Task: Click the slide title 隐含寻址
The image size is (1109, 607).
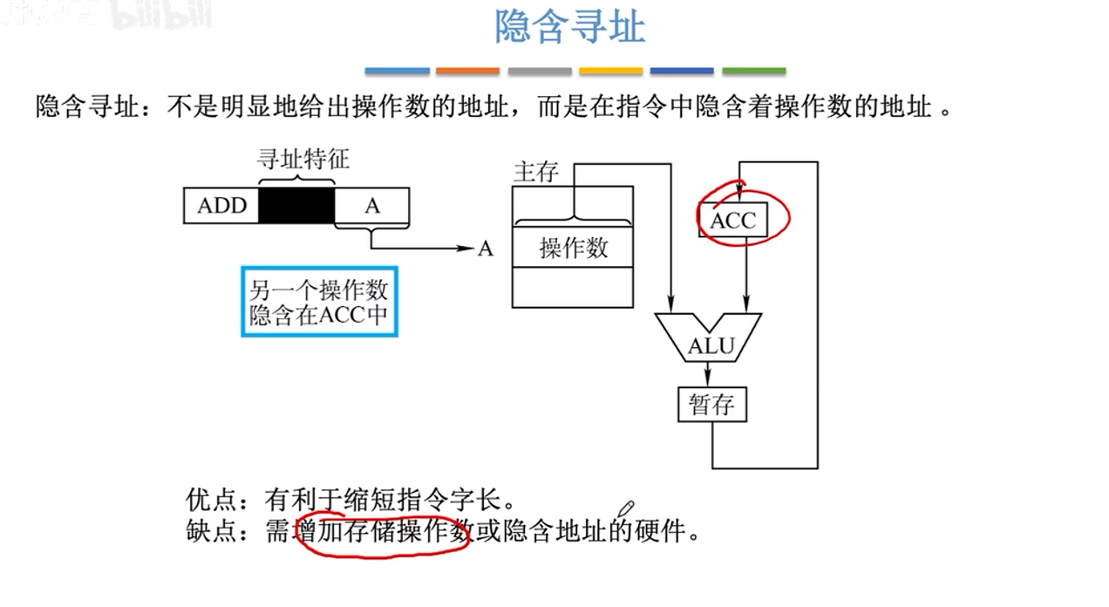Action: pyautogui.click(x=570, y=28)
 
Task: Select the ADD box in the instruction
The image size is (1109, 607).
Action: pyautogui.click(x=222, y=206)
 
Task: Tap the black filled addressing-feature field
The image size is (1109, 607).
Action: pyautogui.click(x=296, y=206)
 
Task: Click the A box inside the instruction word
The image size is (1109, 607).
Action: pyautogui.click(x=372, y=206)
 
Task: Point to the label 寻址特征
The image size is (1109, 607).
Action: pyautogui.click(x=303, y=160)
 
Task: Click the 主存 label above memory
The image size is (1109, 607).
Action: pyautogui.click(x=535, y=172)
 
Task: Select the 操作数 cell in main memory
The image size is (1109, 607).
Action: pyautogui.click(x=573, y=249)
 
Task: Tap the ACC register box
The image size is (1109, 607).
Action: pyautogui.click(x=732, y=221)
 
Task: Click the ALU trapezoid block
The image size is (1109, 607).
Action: pyautogui.click(x=709, y=345)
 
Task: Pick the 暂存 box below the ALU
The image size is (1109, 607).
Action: pyautogui.click(x=711, y=405)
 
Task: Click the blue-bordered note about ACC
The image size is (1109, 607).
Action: pyautogui.click(x=319, y=302)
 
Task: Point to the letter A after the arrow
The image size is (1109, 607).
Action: pyautogui.click(x=486, y=249)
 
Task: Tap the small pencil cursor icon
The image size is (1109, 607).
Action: pyautogui.click(x=626, y=508)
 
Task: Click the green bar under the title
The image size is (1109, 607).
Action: pyautogui.click(x=753, y=71)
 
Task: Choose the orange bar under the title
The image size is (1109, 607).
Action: pyautogui.click(x=467, y=71)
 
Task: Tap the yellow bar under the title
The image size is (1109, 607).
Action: pyautogui.click(x=610, y=71)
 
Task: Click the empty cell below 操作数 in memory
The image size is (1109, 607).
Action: pyautogui.click(x=573, y=287)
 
